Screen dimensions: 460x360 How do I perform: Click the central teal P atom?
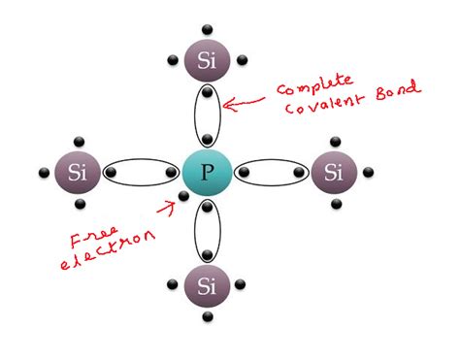pos(207,174)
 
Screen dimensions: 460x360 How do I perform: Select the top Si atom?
pos(207,61)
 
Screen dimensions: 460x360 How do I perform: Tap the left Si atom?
pos(77,174)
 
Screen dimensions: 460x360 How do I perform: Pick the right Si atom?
pos(334,174)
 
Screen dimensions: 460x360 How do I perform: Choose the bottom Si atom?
pos(207,286)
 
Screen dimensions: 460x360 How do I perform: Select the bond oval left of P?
pos(142,174)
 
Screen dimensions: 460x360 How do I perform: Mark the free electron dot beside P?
pos(181,197)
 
